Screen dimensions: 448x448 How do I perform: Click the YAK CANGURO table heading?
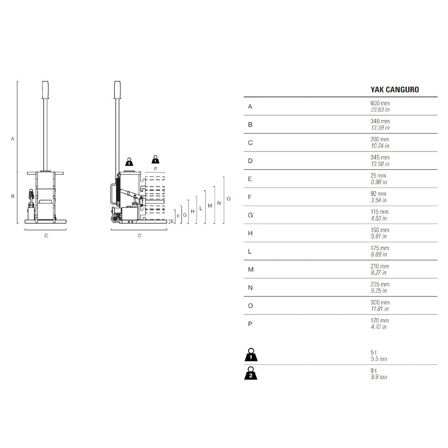click(x=394, y=90)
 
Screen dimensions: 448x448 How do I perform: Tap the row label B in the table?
click(x=250, y=125)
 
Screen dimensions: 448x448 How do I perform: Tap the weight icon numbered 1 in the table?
click(x=251, y=356)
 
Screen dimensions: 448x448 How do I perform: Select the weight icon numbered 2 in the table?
click(x=251, y=374)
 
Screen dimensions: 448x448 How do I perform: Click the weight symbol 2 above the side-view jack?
click(x=129, y=162)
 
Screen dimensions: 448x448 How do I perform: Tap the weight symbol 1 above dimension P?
click(x=155, y=159)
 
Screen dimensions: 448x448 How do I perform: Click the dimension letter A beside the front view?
click(x=13, y=139)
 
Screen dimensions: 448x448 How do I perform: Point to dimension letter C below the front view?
click(x=46, y=236)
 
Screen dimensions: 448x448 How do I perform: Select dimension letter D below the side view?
click(x=139, y=236)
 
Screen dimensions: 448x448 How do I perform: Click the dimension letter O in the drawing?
click(x=228, y=198)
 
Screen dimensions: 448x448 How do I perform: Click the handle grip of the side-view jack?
click(x=117, y=89)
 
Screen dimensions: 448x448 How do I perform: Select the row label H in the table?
click(x=250, y=233)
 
